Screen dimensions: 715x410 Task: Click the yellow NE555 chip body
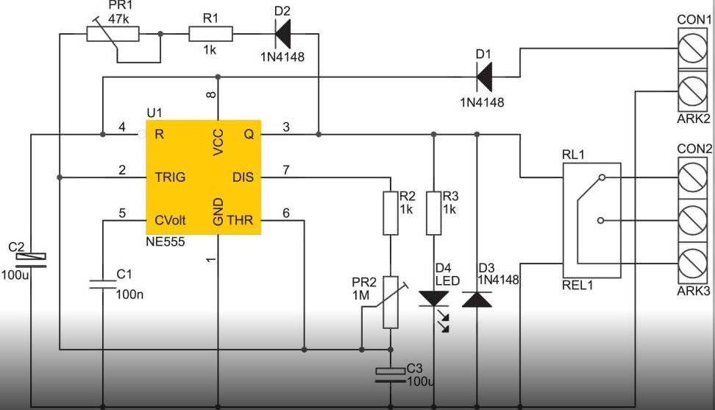coord(203,177)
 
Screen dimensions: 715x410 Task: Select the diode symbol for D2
coord(282,34)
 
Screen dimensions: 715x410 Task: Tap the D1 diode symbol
coord(484,77)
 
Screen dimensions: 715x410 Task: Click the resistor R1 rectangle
coord(210,34)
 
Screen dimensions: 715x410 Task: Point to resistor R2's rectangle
coord(391,213)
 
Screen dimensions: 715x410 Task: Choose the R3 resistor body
coord(434,213)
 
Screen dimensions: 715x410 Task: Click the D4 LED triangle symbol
coord(434,299)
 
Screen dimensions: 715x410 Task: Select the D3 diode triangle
coord(477,299)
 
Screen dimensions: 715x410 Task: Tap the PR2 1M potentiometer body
coord(391,302)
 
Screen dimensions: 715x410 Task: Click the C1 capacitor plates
coord(102,285)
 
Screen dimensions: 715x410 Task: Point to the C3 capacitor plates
coord(391,375)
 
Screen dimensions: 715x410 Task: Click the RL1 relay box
coord(591,220)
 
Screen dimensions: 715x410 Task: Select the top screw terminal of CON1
coord(693,49)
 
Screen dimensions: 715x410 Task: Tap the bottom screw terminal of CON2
coord(693,263)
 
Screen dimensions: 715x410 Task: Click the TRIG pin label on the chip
coord(170,177)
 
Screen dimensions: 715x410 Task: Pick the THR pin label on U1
coord(240,220)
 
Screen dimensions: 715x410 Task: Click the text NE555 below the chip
coord(165,241)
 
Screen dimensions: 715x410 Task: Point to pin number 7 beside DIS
coord(286,169)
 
